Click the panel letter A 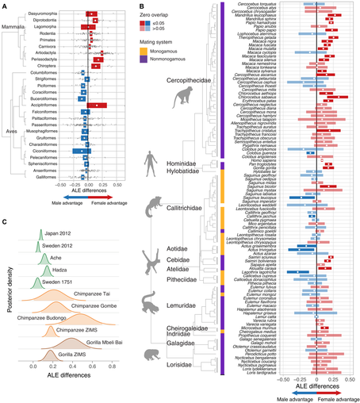(6, 6)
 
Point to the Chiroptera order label (55, 67)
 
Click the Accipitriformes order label (49, 105)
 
